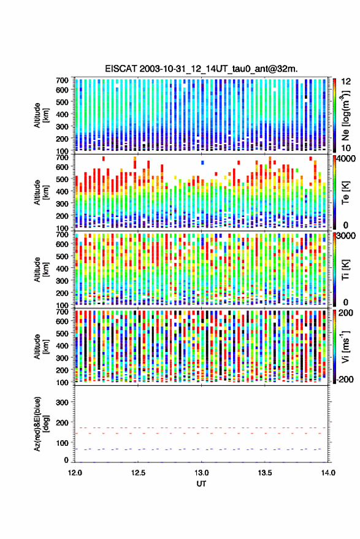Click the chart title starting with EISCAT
201,69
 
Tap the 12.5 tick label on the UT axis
138,473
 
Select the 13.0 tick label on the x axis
201,473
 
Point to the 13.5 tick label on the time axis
264,473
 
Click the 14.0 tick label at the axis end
327,473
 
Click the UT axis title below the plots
201,484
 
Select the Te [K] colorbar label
345,193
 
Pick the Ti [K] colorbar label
345,270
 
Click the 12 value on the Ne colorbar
346,82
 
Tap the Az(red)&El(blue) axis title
41,424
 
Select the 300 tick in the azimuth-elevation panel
62,402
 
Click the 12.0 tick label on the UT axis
75,473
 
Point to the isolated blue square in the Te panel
202,162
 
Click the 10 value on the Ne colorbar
346,148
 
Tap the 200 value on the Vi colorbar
345,313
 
